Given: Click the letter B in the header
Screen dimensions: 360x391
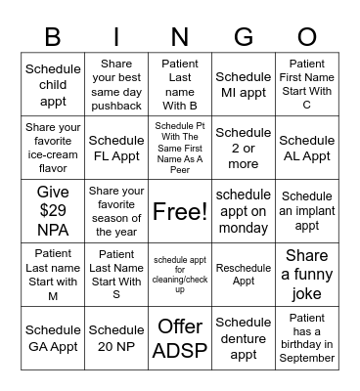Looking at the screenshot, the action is [53, 36].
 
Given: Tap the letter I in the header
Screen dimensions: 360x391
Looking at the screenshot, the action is [116, 36].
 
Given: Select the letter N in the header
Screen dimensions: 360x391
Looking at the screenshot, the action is [180, 36].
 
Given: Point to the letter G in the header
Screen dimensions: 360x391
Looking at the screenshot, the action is [244, 36].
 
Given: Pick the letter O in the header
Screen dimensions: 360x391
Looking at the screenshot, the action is [307, 36].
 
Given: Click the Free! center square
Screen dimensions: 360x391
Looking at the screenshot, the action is [180, 211].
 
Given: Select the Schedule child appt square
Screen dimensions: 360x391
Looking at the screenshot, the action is [53, 85].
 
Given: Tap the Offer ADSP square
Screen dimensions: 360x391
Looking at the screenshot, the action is [180, 337].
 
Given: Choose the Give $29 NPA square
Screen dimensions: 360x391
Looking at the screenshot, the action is [53, 211].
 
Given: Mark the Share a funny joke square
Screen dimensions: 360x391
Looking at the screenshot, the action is [307, 274].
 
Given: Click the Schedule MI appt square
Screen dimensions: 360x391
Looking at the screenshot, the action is [244, 85].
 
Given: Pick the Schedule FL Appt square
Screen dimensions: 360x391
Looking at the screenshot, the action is [116, 148].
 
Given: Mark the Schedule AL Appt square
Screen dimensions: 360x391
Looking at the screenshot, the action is [307, 148].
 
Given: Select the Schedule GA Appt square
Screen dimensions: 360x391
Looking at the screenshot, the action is [53, 337].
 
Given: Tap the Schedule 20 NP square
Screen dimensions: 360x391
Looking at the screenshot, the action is [116, 337].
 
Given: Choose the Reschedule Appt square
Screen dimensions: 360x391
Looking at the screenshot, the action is [244, 274].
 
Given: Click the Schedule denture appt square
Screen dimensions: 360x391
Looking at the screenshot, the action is [244, 337].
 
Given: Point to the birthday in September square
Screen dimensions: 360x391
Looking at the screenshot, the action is [307, 337].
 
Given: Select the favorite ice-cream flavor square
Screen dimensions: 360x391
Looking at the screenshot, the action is [53, 148].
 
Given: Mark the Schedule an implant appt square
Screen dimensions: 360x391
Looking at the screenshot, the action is [307, 211].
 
